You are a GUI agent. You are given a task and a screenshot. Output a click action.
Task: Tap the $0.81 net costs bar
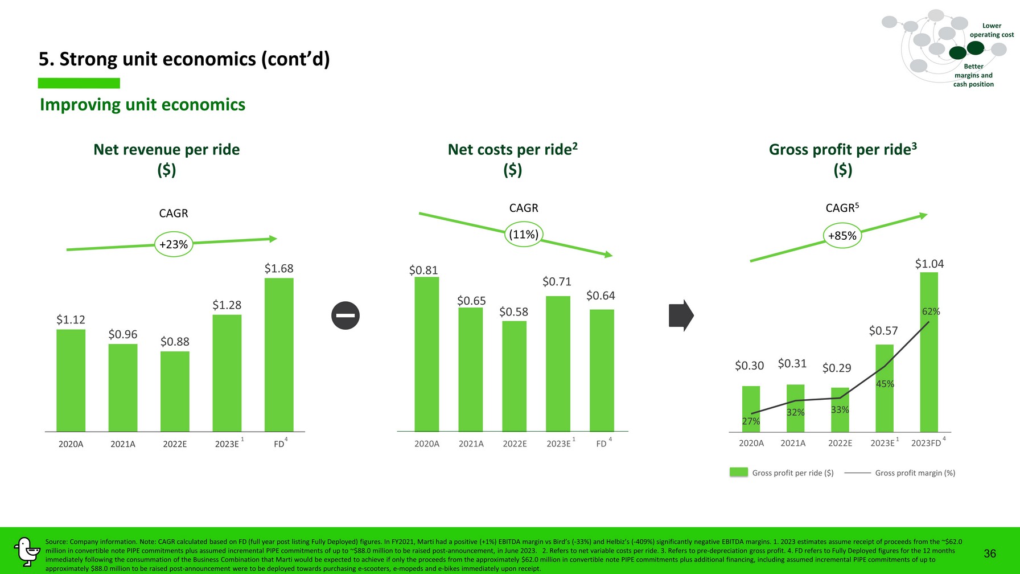coord(426,354)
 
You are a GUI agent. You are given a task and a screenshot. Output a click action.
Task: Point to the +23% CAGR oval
coord(174,244)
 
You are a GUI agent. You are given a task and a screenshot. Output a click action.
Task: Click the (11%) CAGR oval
coord(524,235)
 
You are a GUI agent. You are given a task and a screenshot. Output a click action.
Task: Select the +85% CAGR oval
coord(842,236)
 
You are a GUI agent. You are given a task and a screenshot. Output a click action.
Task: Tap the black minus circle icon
coord(346,315)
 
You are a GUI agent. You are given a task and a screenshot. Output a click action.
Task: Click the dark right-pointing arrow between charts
coord(681,315)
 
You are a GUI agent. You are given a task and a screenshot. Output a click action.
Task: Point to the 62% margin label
coord(931,311)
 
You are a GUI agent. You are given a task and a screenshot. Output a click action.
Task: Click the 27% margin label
coord(751,421)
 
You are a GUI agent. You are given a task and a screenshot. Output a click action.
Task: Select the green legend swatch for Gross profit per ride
coord(739,473)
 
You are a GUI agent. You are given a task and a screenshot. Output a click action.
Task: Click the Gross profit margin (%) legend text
coord(915,473)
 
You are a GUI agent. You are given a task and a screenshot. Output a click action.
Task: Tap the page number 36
coord(990,553)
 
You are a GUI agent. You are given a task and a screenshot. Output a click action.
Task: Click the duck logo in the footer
coord(26,551)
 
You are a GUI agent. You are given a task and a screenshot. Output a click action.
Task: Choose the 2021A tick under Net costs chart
coord(471,444)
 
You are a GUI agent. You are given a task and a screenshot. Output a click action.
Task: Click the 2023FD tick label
coord(926,443)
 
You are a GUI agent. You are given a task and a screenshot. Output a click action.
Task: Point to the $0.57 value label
coord(883,331)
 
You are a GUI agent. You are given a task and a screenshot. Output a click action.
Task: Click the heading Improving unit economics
coord(142,105)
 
